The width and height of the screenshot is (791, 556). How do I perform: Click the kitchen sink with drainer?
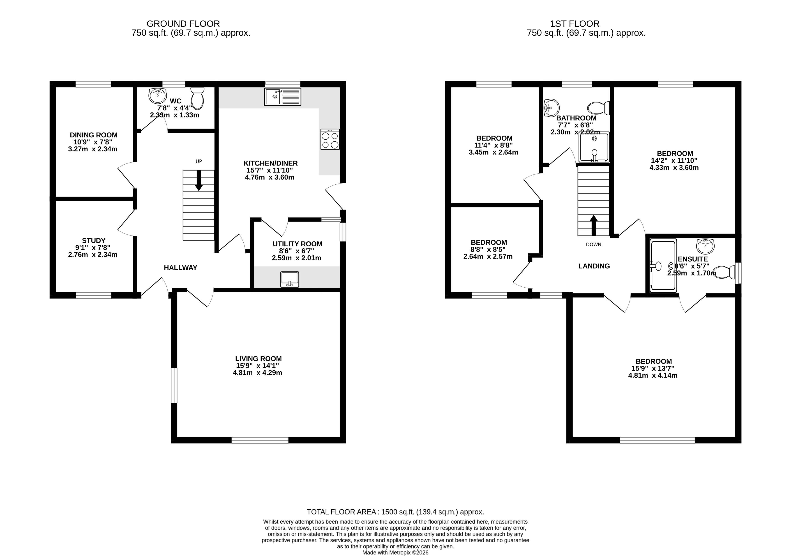[283, 97]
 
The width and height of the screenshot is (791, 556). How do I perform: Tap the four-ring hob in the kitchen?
[330, 139]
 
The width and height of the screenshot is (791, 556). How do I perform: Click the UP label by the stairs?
[199, 161]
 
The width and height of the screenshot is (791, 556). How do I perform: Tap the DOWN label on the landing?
[594, 245]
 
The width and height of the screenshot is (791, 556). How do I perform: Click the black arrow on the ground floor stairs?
[199, 180]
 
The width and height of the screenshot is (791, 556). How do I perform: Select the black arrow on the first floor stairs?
[594, 226]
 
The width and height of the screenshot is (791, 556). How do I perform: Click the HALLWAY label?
[180, 268]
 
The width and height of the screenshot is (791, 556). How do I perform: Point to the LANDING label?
[594, 266]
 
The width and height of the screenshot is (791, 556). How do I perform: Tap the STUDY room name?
[94, 241]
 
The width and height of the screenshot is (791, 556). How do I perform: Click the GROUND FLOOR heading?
[183, 24]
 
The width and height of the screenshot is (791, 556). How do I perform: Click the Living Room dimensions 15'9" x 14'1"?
[257, 366]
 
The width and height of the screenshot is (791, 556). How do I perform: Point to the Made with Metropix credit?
[396, 553]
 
